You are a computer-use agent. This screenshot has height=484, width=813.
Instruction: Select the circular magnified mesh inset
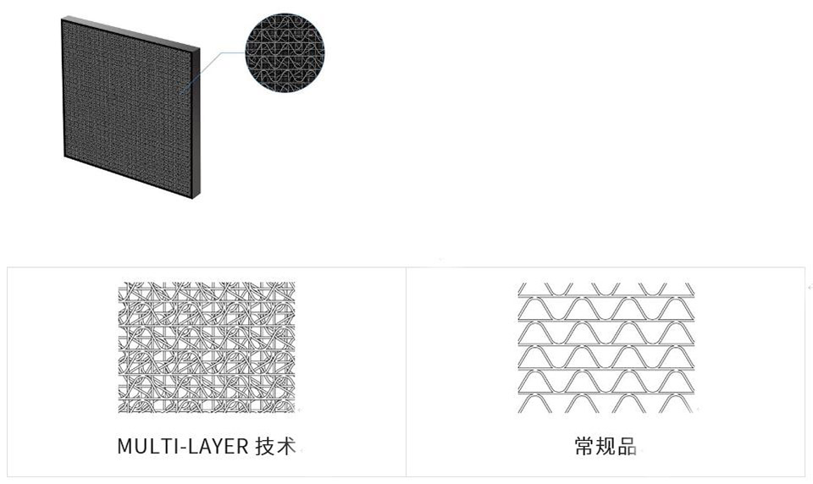pyautogui.click(x=285, y=56)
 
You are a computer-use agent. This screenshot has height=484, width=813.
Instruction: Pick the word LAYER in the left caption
pyautogui.click(x=218, y=446)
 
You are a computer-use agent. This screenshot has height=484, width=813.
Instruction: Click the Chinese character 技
pyautogui.click(x=264, y=446)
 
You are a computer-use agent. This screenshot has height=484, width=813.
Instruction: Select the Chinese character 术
pyautogui.click(x=286, y=446)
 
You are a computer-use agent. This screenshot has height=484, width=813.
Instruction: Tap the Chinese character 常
pyautogui.click(x=584, y=446)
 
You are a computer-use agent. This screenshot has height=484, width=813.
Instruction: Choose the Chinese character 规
pyautogui.click(x=606, y=446)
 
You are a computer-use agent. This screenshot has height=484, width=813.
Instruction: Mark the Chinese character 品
pyautogui.click(x=627, y=446)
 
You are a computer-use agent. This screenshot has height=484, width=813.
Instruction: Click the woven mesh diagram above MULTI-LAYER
pyautogui.click(x=207, y=347)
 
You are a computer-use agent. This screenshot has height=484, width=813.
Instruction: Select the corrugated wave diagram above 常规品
pyautogui.click(x=606, y=347)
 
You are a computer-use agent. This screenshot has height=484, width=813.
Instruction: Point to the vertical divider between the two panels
pyautogui.click(x=406, y=371)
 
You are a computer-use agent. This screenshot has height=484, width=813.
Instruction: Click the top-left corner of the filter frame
pyautogui.click(x=62, y=18)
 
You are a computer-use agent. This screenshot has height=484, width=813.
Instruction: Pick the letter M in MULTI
pyautogui.click(x=124, y=446)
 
